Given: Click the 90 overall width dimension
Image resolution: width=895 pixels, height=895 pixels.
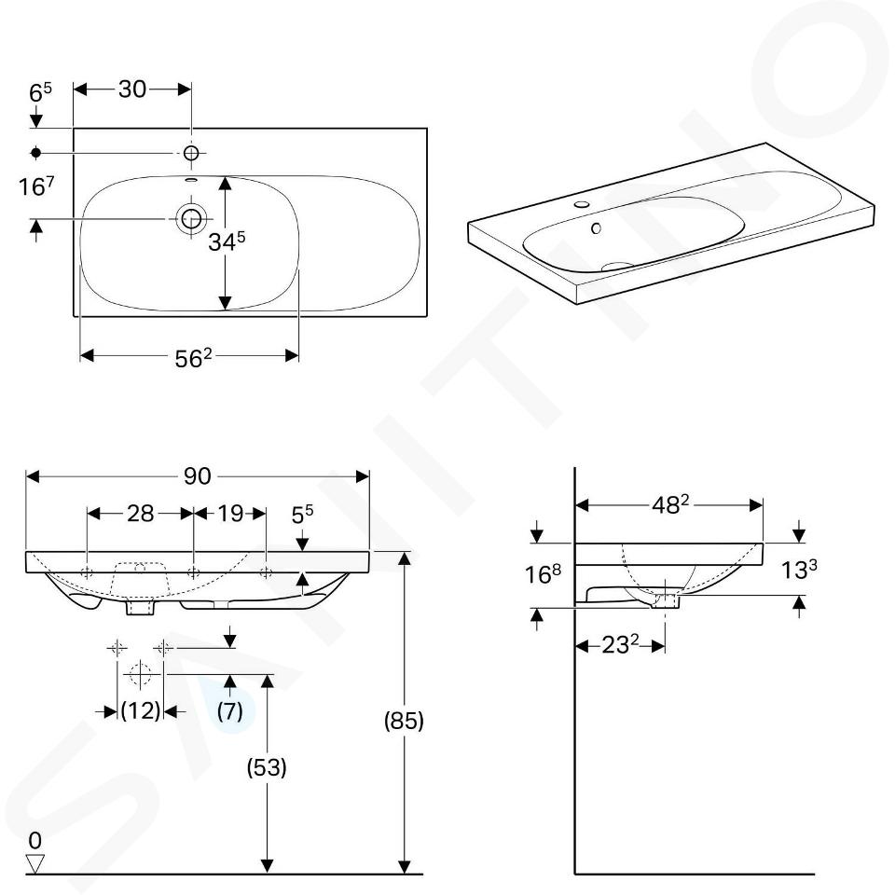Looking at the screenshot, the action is tap(198, 476).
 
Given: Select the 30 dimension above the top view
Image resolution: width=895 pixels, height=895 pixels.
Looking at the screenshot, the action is tap(132, 89).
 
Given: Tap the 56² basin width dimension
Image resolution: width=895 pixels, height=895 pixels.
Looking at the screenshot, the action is tap(193, 358).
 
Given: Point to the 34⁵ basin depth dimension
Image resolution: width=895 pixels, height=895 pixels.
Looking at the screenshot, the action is tap(227, 241).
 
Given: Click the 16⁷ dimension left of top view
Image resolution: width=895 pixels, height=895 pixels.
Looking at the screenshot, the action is tap(36, 186).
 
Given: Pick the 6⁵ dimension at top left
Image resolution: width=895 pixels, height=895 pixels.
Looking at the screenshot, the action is tap(40, 92).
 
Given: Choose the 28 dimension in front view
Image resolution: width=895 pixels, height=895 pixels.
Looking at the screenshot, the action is tap(141, 514).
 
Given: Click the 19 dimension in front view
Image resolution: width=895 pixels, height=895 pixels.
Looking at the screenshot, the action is tap(230, 514).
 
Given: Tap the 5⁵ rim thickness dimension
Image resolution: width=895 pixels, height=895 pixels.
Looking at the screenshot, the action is tap(302, 515).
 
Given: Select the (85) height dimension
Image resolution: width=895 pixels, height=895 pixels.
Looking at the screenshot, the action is tap(404, 721).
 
